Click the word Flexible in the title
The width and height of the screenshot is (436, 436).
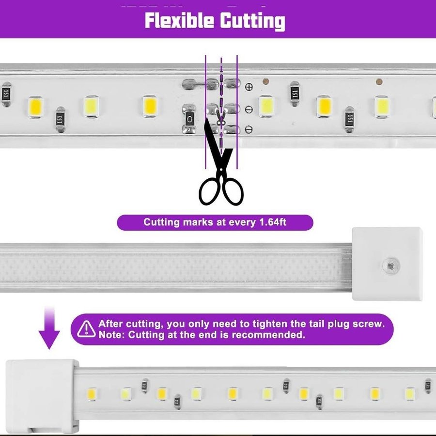coord(179,20)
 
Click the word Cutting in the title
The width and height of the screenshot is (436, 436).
coord(253,21)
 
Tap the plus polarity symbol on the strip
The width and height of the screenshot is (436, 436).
coord(249,87)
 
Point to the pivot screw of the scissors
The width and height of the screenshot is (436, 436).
coord(221,170)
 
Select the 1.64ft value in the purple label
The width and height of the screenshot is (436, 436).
coord(272,222)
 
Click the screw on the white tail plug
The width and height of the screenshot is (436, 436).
coord(390,266)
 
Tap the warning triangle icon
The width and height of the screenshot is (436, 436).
coord(86,329)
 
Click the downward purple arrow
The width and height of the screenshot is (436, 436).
coord(49,328)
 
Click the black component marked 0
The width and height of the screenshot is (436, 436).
coord(189,120)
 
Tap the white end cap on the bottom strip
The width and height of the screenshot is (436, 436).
coord(42,397)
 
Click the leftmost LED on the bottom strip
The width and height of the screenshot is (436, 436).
coord(92,394)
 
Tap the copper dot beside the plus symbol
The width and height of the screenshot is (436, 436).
coord(265,81)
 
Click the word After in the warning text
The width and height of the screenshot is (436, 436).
coord(110,324)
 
